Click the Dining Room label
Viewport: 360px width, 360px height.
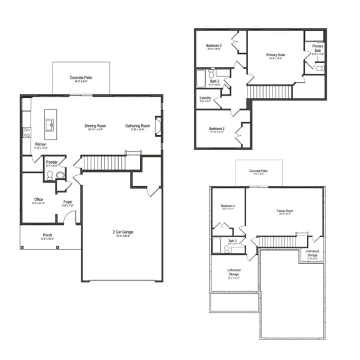[x=96, y=126]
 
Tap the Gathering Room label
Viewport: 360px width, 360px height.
[x=137, y=126]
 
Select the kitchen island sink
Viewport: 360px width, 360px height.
[x=49, y=122]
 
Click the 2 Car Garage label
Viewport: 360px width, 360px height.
[x=122, y=232]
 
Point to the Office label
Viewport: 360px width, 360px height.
[x=39, y=200]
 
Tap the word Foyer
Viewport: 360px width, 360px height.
[x=67, y=202]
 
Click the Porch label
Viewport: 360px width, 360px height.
[x=47, y=236]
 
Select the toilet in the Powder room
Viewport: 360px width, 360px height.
[x=50, y=176]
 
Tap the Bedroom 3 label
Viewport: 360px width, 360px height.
[x=214, y=46]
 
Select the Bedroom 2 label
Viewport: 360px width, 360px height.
[x=217, y=129]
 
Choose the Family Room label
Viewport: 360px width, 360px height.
[x=285, y=211]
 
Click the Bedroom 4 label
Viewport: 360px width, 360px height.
[x=228, y=206]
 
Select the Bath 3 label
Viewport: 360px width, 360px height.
[x=232, y=241]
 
